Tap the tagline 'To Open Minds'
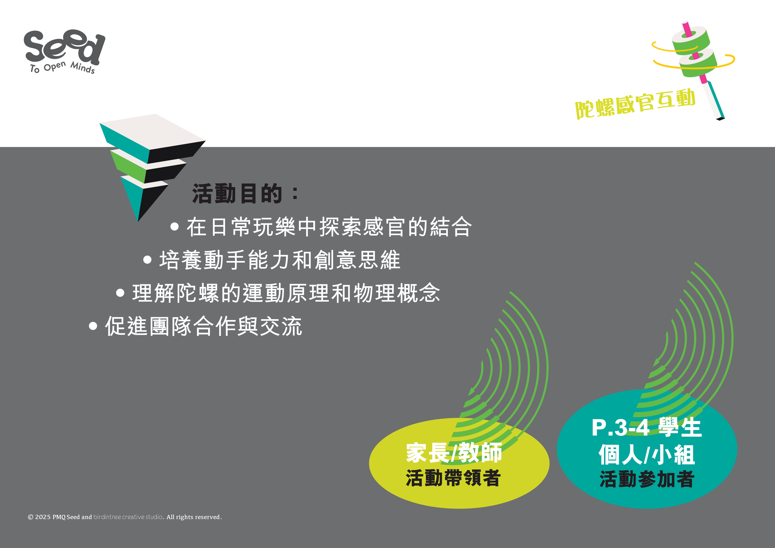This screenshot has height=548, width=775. point(63,68)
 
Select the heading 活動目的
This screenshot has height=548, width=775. point(237,194)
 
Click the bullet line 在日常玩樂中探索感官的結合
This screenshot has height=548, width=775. point(329,227)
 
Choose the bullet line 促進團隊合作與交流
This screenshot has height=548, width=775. point(203,326)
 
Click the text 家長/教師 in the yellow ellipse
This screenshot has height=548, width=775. point(454,453)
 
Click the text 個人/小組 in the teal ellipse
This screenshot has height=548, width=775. point(647,455)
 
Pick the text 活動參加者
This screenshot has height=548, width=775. point(647,479)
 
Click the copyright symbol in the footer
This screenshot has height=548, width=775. point(30,517)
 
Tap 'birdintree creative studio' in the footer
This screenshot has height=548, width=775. point(128,517)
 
